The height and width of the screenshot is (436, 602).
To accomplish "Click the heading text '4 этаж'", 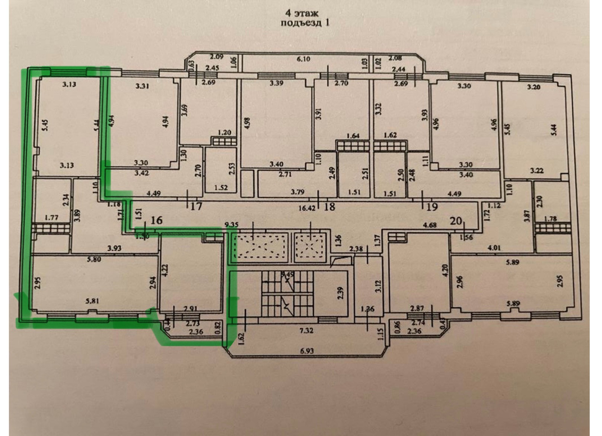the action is (302, 13).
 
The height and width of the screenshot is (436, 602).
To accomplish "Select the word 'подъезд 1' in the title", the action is (305, 23).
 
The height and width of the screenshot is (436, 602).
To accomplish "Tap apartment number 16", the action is (156, 221).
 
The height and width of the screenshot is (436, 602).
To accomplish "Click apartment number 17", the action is (196, 206).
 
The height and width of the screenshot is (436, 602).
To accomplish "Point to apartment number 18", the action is (330, 206).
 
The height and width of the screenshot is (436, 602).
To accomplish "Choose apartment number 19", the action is (431, 207).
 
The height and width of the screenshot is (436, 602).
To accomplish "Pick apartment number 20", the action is (456, 221).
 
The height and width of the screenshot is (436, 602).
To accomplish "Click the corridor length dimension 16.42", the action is (307, 208).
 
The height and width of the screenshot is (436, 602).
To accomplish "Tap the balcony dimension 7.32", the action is (306, 331).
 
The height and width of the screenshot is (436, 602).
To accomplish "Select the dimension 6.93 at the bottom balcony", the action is (306, 351).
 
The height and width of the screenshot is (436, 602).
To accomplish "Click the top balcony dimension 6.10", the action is (303, 59).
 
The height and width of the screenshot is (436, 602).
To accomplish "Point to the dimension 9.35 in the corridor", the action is (232, 225).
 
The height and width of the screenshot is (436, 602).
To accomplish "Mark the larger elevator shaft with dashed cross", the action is (260, 246).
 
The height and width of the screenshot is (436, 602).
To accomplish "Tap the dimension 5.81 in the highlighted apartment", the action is (92, 301).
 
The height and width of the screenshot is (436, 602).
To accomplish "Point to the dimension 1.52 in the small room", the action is (221, 188).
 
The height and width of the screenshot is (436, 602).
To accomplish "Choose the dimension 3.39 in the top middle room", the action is (276, 83).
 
